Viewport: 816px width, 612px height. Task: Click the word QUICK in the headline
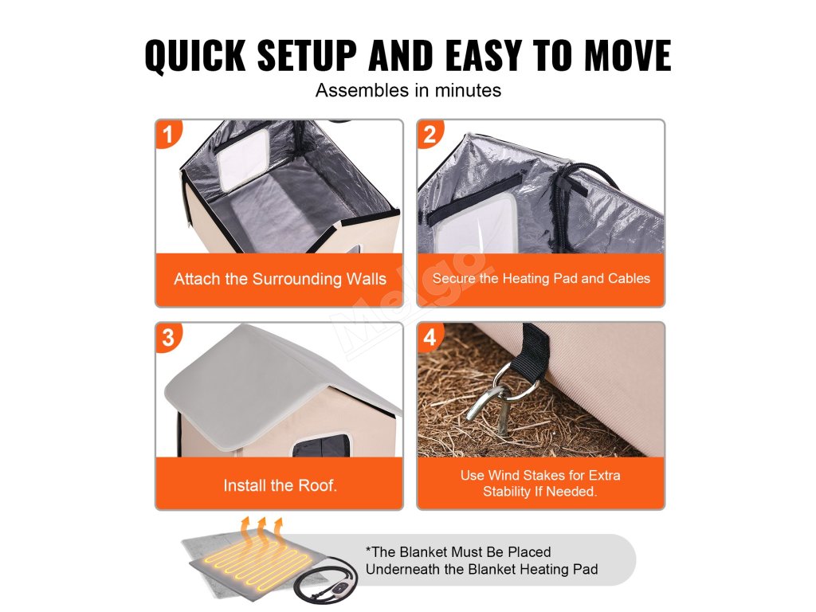195,55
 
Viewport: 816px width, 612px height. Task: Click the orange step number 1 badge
168,133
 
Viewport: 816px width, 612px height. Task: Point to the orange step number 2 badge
430,133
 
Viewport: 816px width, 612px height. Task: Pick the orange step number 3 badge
168,337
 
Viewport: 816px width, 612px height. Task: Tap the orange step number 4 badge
430,337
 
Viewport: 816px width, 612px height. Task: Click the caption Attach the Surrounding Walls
280,279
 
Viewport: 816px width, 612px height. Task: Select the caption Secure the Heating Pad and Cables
541,278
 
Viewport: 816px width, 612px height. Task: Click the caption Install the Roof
280,485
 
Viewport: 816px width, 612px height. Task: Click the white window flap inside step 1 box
242,159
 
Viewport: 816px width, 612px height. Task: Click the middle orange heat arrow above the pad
261,533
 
